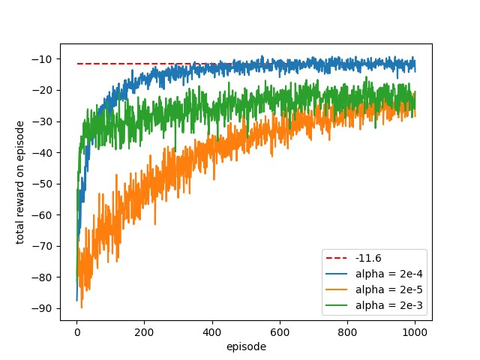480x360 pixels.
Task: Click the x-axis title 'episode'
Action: [246, 346]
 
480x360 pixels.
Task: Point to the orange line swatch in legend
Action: [337, 289]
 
